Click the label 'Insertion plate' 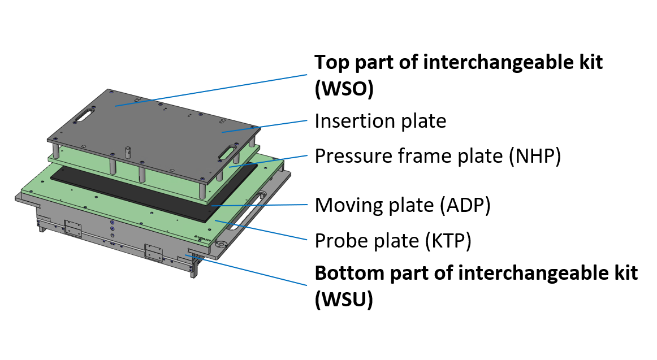380,121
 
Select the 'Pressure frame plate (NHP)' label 438,156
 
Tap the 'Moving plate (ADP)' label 402,205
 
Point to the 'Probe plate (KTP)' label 392,241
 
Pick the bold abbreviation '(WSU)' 344,301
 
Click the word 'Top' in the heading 328,62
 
